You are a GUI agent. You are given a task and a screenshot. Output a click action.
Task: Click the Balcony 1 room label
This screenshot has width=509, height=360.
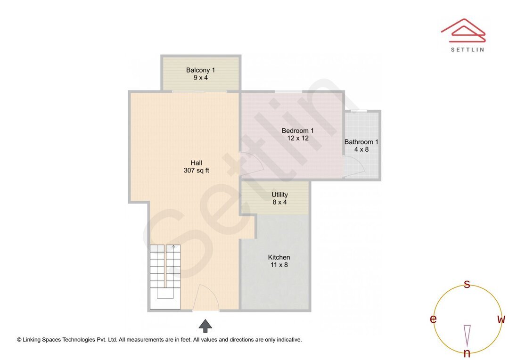click(200, 70)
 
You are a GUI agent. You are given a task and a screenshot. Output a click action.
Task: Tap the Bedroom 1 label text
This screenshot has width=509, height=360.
click(297, 131)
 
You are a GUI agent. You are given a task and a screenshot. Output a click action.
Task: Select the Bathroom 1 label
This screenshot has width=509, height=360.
click(361, 142)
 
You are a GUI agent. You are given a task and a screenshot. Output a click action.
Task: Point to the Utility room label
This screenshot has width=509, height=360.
click(279, 195)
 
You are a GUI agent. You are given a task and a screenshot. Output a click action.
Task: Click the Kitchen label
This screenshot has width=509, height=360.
click(279, 257)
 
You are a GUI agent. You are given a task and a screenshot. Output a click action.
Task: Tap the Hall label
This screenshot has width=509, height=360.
click(196, 163)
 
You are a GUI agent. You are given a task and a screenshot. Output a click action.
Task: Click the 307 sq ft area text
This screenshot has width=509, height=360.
click(196, 171)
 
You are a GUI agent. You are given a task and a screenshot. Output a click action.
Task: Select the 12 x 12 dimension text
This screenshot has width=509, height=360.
click(297, 138)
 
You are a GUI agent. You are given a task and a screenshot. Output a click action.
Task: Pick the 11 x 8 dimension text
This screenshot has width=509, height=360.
click(279, 265)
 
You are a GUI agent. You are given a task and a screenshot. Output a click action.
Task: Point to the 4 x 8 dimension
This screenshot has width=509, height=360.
click(361, 149)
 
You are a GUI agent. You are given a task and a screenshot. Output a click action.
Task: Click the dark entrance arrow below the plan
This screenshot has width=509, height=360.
click(205, 326)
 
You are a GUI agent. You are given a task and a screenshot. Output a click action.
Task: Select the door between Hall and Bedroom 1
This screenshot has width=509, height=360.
click(250, 164)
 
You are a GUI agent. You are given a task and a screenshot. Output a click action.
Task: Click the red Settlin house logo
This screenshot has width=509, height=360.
click(463, 31)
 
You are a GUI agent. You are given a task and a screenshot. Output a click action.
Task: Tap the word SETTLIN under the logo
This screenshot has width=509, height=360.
click(467, 49)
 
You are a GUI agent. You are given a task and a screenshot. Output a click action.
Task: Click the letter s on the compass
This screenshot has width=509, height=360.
click(467, 284)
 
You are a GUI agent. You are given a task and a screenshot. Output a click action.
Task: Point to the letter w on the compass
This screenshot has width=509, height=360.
click(501, 319)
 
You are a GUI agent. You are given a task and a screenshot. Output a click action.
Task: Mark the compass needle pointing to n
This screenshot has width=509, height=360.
click(467, 335)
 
